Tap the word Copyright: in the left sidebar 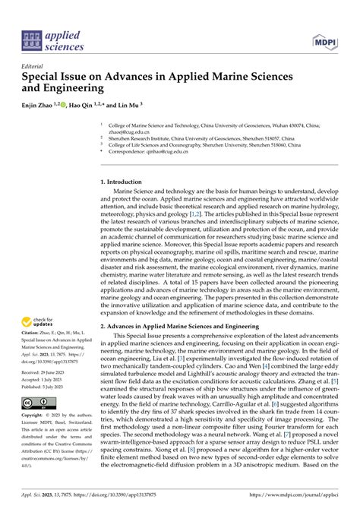(x=34, y=416)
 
